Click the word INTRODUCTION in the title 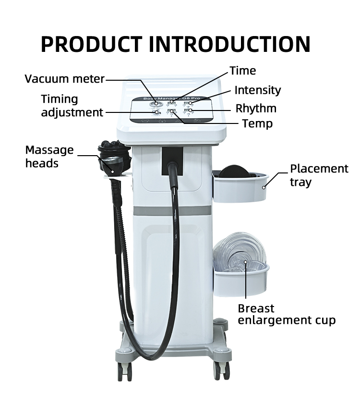click(229, 44)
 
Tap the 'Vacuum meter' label click(64, 79)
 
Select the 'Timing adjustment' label click(72, 106)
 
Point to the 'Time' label click(242, 71)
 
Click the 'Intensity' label click(257, 90)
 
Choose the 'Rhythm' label click(255, 108)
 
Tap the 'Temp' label click(257, 124)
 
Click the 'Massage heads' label click(49, 157)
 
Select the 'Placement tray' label click(319, 175)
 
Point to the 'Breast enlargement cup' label click(286, 315)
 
